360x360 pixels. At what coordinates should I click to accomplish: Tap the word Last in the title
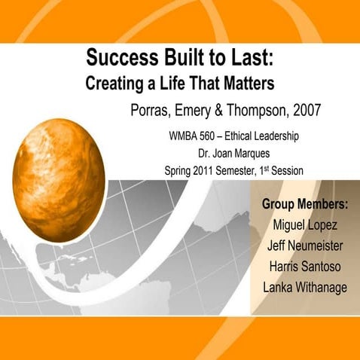point(252,57)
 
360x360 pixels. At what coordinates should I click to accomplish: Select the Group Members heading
point(304,204)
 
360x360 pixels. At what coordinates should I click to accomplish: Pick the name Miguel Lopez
point(304,225)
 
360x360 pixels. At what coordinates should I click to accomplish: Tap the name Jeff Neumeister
point(304,246)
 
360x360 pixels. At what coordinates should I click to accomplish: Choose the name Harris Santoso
point(304,267)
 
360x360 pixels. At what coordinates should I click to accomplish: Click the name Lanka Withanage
point(304,288)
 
